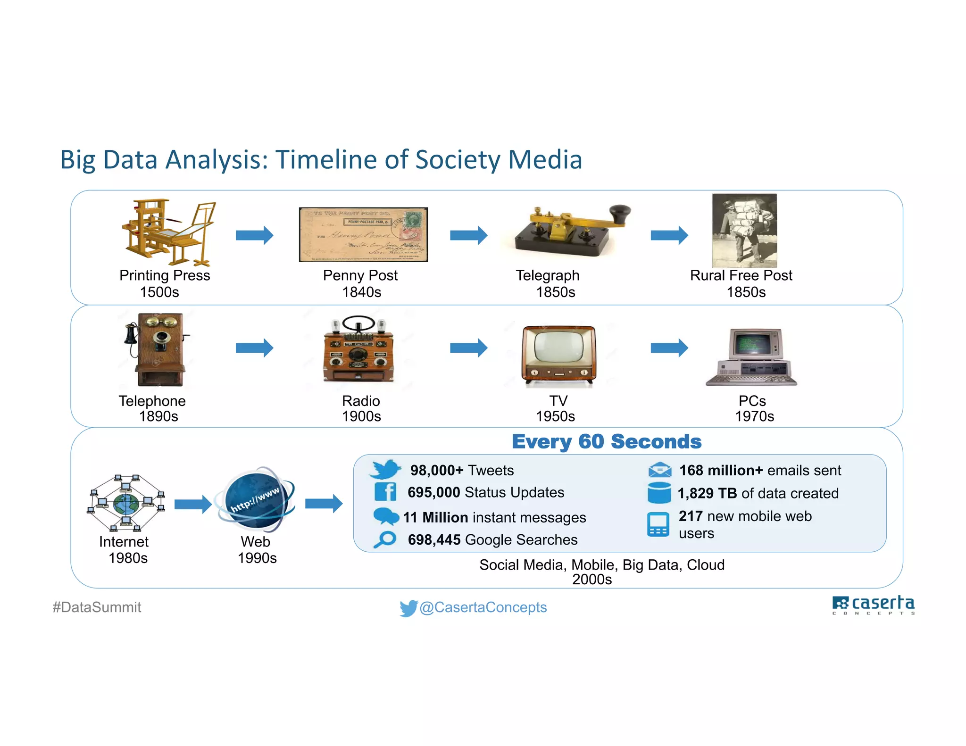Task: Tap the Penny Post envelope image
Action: coord(363,234)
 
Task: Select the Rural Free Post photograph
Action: coord(744,231)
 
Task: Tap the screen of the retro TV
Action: coord(558,350)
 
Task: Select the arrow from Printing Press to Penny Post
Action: coord(254,235)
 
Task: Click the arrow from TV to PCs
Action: coord(669,348)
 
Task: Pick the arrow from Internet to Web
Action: coord(192,504)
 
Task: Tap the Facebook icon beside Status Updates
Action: coord(385,492)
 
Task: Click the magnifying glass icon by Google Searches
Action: coord(385,539)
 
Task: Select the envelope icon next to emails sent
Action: coord(659,470)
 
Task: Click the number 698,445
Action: coord(434,539)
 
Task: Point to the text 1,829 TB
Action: coord(707,493)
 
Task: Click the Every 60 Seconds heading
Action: coord(607,442)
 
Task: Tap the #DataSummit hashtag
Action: coord(97,607)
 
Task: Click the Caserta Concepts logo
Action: coord(873,605)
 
